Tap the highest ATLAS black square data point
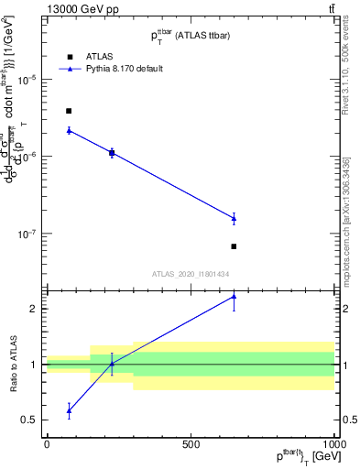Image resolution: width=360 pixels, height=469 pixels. point(69,111)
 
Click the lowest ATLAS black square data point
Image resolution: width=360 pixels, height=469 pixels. point(234,246)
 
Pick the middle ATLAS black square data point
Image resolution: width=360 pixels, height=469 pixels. point(112,153)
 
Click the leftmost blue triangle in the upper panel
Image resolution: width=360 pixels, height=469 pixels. point(69,130)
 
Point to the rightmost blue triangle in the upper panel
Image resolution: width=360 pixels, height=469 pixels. point(234,218)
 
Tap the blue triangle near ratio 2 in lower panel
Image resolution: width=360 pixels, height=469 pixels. point(234,297)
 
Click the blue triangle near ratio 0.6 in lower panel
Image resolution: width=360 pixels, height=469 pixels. point(69,410)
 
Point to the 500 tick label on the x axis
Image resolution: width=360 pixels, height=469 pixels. point(191,444)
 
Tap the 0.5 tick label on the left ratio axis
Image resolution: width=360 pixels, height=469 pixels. point(29,420)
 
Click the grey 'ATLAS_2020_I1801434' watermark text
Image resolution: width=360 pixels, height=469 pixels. point(191,274)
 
